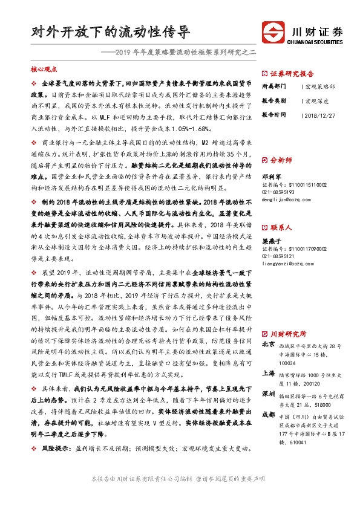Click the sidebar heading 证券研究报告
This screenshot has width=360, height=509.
289,71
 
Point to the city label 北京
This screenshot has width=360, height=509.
268,345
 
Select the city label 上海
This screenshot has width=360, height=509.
268,374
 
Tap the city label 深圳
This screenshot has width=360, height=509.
268,394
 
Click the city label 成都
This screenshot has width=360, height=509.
268,415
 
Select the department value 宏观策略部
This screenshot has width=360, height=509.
321,87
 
